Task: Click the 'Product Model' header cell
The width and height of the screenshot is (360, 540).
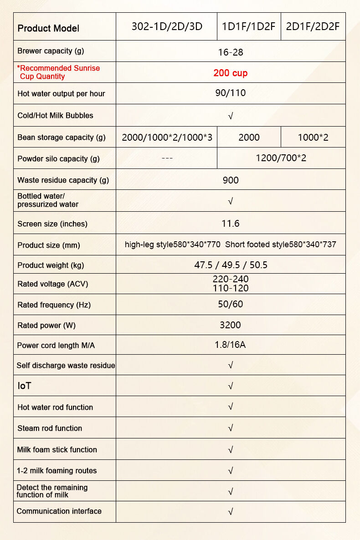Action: click(48, 28)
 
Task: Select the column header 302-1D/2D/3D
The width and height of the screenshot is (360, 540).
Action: click(166, 26)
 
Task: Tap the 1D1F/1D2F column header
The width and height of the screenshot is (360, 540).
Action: click(248, 26)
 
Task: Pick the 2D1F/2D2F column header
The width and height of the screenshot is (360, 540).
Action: click(313, 26)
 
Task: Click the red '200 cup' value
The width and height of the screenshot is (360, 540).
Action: click(231, 73)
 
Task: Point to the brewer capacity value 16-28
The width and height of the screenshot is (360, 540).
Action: click(231, 52)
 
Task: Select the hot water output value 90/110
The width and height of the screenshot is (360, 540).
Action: click(231, 93)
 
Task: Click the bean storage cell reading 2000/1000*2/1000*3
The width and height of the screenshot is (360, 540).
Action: click(167, 138)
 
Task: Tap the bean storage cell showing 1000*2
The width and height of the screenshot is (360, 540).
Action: click(313, 138)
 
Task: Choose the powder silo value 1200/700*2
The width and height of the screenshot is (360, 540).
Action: click(281, 158)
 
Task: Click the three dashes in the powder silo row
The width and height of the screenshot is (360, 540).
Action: click(167, 158)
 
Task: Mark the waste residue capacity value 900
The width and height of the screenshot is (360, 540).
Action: click(231, 180)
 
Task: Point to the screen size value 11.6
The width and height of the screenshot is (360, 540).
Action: click(231, 224)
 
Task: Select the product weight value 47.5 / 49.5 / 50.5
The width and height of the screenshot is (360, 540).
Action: click(231, 265)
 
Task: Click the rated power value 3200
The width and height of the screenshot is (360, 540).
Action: click(231, 325)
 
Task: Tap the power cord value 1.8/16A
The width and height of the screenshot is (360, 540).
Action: click(230, 345)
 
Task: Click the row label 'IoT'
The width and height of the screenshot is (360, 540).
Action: click(24, 386)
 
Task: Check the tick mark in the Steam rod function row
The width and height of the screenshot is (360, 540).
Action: click(231, 428)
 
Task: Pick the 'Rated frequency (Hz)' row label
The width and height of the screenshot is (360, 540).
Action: click(54, 305)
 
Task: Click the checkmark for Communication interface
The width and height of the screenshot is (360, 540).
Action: click(231, 512)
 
